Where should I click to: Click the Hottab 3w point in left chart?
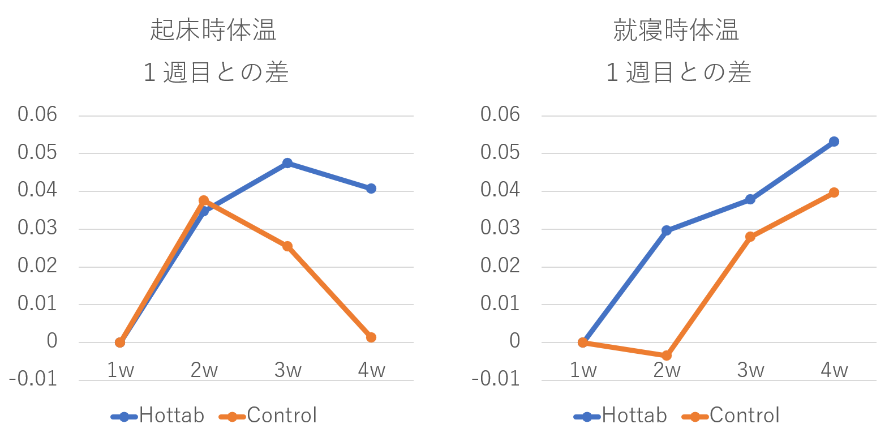point(287,163)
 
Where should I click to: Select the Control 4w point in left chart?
point(371,337)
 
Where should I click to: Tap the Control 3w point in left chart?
point(287,246)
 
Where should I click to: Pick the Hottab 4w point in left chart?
point(371,189)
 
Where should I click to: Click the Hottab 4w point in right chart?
point(834,142)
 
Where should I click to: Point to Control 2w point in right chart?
point(667,356)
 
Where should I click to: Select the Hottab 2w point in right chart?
point(667,230)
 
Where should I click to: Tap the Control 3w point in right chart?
point(750,237)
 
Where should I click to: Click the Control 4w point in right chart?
point(834,192)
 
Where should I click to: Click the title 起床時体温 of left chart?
point(213,31)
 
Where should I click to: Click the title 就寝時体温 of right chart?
point(676,31)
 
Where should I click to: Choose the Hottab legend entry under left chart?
point(158,416)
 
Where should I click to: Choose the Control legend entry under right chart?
point(732,416)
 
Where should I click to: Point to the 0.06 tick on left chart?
point(37,114)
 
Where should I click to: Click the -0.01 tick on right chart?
point(496,379)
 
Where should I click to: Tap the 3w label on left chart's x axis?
point(287,370)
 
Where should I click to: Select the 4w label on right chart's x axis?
point(834,370)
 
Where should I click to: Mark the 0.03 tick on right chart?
point(500,228)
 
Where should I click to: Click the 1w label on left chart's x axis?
point(120,370)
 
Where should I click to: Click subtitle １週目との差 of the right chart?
point(678,73)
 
